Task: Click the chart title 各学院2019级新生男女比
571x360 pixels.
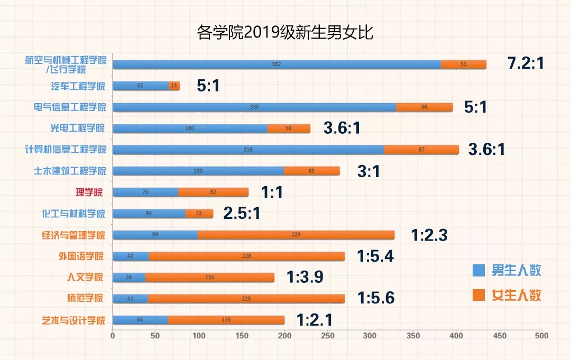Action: click(285, 32)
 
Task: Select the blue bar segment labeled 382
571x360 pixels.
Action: click(277, 64)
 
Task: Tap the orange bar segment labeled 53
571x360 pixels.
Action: click(463, 64)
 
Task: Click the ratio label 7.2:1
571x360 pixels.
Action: click(525, 63)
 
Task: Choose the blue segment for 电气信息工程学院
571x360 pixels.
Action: click(254, 107)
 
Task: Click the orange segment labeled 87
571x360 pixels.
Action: click(421, 150)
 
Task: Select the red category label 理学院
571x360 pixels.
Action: click(87, 192)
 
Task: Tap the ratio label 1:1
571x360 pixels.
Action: click(272, 192)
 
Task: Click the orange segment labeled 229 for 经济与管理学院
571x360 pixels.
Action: click(296, 235)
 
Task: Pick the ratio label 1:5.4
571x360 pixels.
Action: click(375, 256)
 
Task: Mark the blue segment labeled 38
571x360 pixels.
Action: click(129, 278)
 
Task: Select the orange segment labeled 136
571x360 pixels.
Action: click(226, 320)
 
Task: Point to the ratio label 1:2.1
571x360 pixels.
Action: click(314, 320)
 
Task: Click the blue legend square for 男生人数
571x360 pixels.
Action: click(478, 271)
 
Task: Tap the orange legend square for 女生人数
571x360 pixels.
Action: click(478, 294)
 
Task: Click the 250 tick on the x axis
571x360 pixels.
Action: click(327, 336)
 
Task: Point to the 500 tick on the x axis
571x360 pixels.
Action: click(541, 336)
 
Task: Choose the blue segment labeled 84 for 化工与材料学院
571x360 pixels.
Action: click(149, 214)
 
